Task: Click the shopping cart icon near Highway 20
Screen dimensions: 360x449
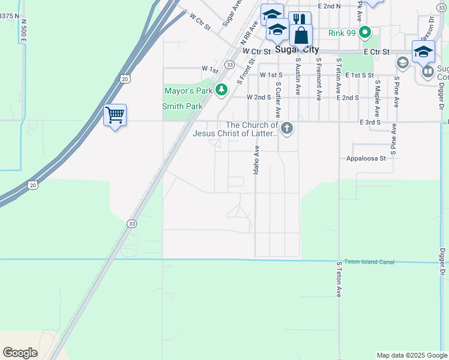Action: (x=115, y=114)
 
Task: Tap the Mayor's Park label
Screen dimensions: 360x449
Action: (x=188, y=91)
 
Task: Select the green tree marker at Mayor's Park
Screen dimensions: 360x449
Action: (x=221, y=90)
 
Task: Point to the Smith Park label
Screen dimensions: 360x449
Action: (x=182, y=106)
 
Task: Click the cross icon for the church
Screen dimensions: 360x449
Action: (x=288, y=127)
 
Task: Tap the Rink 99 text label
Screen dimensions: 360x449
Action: (x=342, y=32)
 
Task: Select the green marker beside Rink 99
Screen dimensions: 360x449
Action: (x=365, y=32)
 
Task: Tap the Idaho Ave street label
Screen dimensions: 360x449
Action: (x=256, y=160)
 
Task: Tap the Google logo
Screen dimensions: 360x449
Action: (x=20, y=353)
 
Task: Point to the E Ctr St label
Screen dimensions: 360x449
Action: (x=376, y=52)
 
